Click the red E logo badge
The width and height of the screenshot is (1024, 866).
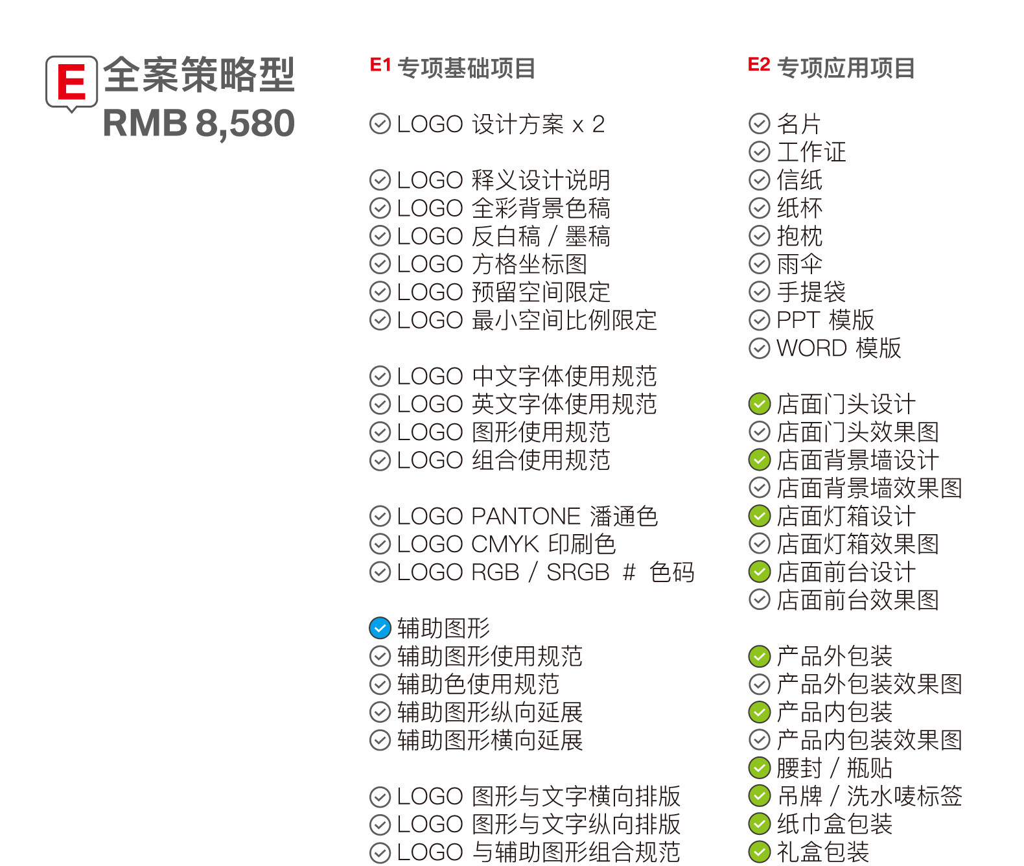(x=71, y=82)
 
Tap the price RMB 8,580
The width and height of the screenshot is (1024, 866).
(x=198, y=123)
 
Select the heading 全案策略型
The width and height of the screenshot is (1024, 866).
(x=198, y=75)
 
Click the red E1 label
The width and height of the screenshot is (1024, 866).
(x=380, y=65)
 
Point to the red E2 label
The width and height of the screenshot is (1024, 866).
(x=758, y=65)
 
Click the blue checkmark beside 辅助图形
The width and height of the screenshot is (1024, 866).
(x=380, y=628)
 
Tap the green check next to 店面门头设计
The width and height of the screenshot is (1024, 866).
(x=759, y=404)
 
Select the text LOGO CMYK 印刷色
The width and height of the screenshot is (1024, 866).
(x=506, y=544)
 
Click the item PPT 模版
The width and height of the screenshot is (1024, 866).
(x=825, y=320)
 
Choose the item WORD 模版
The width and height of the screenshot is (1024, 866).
(x=839, y=348)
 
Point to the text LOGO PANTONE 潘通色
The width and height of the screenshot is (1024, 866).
(x=528, y=517)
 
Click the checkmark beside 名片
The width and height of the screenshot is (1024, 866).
(x=759, y=123)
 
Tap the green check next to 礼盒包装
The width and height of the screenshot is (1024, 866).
(x=759, y=852)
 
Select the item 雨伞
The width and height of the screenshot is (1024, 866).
(x=799, y=264)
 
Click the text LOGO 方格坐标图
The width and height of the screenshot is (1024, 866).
(x=492, y=264)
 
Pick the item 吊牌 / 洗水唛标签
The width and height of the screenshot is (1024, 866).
(x=869, y=796)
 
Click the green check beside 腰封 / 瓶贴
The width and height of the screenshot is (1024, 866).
(x=759, y=768)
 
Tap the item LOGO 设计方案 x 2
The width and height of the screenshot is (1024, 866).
(x=500, y=124)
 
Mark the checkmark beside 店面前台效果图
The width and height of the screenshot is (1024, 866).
(x=759, y=600)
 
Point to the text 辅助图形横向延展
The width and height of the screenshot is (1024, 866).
(x=490, y=740)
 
